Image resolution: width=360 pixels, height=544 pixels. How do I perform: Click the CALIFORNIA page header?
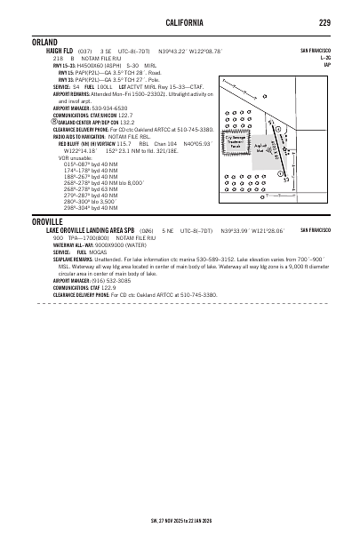point(180,21)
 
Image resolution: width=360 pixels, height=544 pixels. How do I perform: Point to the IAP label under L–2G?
point(327,64)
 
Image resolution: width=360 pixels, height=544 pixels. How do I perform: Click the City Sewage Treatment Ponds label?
point(236,140)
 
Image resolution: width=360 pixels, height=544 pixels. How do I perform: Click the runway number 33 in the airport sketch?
point(286,179)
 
